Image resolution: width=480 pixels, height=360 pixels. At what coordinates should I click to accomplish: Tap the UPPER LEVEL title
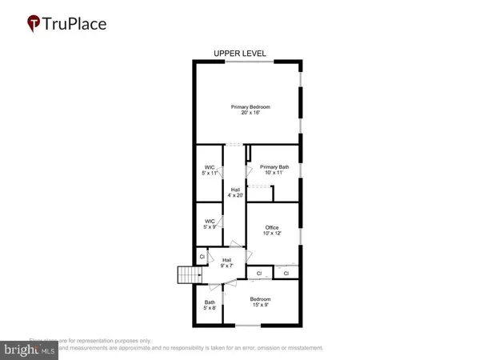(x=240, y=54)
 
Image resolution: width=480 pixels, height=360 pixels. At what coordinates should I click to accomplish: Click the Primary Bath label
(x=273, y=166)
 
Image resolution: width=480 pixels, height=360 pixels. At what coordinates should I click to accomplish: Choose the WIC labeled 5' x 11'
(x=209, y=169)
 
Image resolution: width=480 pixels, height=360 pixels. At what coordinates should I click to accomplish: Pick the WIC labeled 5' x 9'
(x=209, y=224)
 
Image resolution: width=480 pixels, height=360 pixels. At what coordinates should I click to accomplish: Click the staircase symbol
(x=187, y=275)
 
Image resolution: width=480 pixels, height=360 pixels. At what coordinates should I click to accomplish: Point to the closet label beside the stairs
(x=202, y=257)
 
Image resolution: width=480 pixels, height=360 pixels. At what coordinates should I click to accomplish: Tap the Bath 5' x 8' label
(x=209, y=304)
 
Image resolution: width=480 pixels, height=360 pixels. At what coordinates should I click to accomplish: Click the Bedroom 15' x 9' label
(x=261, y=302)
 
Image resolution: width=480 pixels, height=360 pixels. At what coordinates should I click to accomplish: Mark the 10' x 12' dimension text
(x=272, y=234)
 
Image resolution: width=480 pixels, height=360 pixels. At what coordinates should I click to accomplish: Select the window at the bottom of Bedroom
(x=249, y=326)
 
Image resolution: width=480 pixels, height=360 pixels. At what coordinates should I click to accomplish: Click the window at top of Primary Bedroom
(x=247, y=62)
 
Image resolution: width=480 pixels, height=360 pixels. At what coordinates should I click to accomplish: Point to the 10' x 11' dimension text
(x=273, y=172)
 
